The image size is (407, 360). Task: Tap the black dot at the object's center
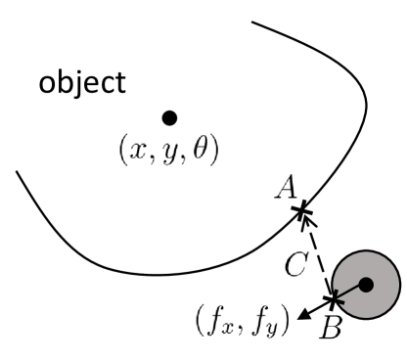tap(168, 117)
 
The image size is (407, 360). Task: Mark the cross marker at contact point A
tap(302, 209)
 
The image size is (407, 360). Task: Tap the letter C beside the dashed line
tap(302, 262)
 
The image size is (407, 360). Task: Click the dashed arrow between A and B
tap(319, 254)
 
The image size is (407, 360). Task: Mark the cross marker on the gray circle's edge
tap(334, 297)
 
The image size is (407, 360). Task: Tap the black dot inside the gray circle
tap(367, 285)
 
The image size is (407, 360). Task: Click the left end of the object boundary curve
tap(17, 172)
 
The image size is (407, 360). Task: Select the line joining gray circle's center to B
tap(350, 292)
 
